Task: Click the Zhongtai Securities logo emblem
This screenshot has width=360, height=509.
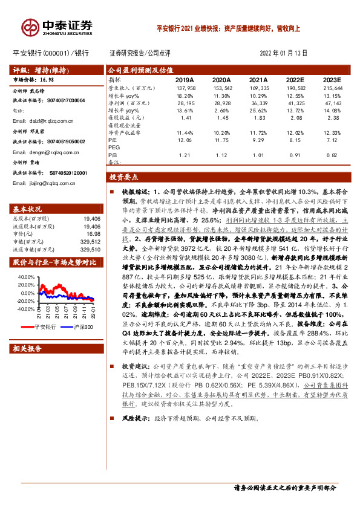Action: tap(30, 27)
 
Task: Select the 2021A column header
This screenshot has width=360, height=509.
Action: tap(258, 79)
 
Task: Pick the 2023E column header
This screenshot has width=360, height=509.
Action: tap(332, 79)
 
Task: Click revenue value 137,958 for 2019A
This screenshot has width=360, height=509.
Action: tap(185, 88)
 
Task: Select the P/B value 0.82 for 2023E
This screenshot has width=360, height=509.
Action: tap(332, 155)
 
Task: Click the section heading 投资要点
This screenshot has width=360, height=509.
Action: tap(124, 177)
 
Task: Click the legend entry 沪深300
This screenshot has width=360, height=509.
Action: tap(82, 327)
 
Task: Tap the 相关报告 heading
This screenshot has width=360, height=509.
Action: tap(27, 349)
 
